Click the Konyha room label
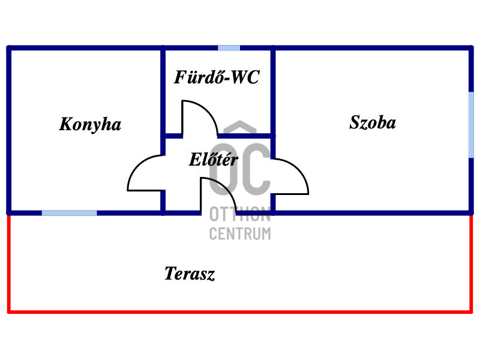pyautogui.click(x=90, y=124)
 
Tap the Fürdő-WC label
pyautogui.click(x=217, y=77)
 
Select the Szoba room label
pyautogui.click(x=373, y=122)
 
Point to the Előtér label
pyautogui.click(x=214, y=159)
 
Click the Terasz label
pyautogui.click(x=190, y=274)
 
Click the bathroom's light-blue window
pyautogui.click(x=229, y=48)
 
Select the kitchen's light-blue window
pyautogui.click(x=69, y=213)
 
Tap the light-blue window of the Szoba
pyautogui.click(x=471, y=125)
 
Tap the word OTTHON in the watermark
pyautogui.click(x=240, y=214)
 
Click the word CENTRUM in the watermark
pyautogui.click(x=240, y=233)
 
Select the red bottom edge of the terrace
pyautogui.click(x=240, y=312)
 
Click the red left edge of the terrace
pyautogui.click(x=9, y=263)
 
